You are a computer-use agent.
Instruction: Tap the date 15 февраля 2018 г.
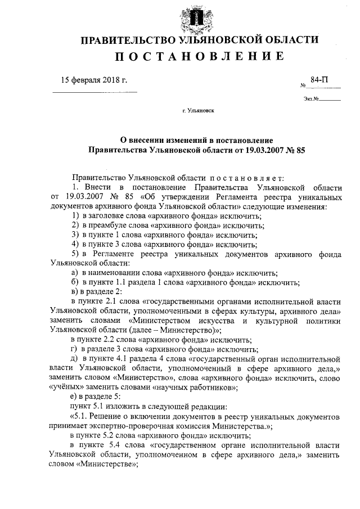(x=94, y=80)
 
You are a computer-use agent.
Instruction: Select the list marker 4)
(x=74, y=244)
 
